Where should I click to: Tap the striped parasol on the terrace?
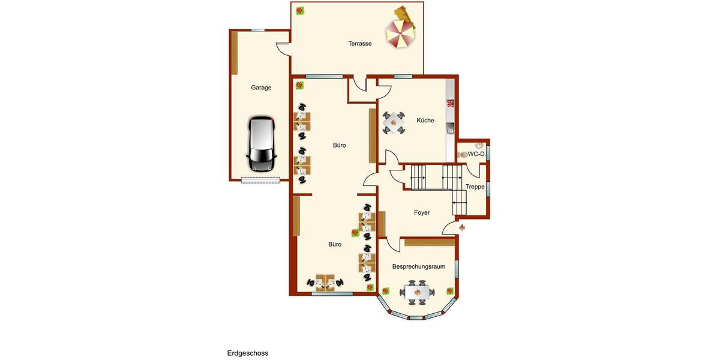pos(399,34)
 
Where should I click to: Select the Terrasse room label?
pos(360,43)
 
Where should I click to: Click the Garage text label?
pos(261,88)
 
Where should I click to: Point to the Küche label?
pos(425,121)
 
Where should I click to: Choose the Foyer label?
pos(422,212)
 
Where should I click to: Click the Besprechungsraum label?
pos(418,266)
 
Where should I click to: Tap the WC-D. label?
pos(476,154)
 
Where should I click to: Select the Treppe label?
pos(475,187)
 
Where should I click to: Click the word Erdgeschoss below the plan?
pos(247,353)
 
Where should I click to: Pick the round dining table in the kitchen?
pos(394,122)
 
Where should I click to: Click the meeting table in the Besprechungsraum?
pos(419,293)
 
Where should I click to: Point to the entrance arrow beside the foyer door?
pos(462,227)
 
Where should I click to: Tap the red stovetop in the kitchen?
pos(450,103)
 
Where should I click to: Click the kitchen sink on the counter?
pos(450,127)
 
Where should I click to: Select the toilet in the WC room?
pos(464,155)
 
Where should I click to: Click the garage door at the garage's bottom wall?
pos(260,179)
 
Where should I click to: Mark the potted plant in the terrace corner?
pos(299,10)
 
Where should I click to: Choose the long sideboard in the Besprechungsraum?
pos(429,242)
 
